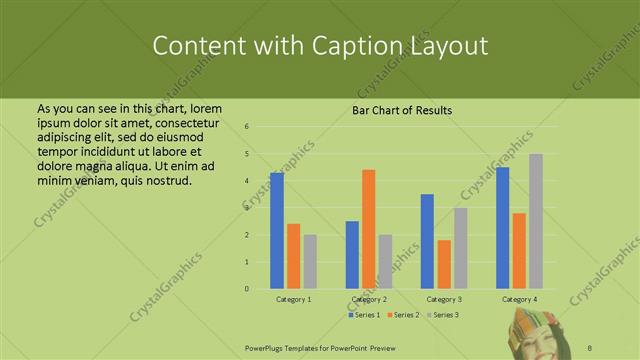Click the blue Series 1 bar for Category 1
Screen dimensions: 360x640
pos(277,231)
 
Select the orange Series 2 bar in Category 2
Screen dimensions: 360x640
pos(368,229)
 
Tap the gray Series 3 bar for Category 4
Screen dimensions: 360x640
pos(536,221)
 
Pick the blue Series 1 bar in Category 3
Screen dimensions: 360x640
pos(427,241)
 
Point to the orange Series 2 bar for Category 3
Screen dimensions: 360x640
pos(444,264)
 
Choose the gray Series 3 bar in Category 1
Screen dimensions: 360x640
pos(310,262)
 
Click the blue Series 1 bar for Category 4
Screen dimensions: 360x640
pos(502,228)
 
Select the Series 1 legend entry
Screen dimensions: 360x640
pos(364,315)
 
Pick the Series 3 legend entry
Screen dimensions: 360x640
pos(444,315)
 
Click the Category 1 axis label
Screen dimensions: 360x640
pos(294,299)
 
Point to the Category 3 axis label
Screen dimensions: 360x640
pos(444,299)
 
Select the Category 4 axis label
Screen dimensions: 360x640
pos(519,299)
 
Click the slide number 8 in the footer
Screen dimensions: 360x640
pos(590,347)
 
